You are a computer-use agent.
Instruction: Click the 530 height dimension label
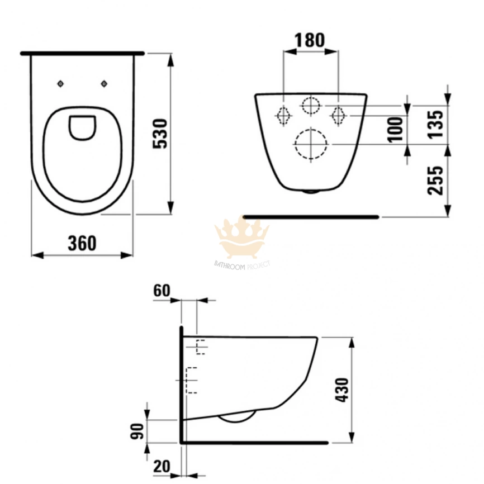point(160,133)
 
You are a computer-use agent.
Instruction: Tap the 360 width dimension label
point(82,243)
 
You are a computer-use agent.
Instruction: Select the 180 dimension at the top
point(310,40)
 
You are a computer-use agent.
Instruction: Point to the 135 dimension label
point(436,124)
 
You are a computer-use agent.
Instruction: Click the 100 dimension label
point(397,129)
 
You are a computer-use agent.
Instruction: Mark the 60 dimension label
point(162,291)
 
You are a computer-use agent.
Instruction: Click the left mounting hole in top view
point(61,84)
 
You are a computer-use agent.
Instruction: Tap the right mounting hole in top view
point(104,84)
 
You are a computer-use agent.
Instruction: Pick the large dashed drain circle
point(310,145)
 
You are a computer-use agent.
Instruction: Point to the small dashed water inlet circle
point(310,105)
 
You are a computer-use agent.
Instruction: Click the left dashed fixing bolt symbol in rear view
point(283,115)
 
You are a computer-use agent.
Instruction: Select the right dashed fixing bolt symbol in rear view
point(338,115)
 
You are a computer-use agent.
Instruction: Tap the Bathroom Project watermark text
point(242,264)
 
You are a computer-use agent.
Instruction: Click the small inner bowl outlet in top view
point(82,127)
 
